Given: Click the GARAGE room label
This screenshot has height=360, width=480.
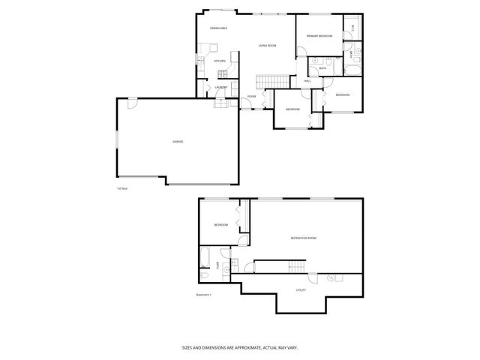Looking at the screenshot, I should coord(178,142).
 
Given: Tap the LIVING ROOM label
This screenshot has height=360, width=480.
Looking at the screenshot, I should coord(267,46).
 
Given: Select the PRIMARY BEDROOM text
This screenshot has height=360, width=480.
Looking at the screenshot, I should coord(319,36).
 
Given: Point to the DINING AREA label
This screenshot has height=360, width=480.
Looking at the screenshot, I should coord(218,28).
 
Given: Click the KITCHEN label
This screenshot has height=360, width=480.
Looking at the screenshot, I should coord(220,61).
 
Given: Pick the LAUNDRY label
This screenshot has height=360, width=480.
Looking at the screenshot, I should coord(220,88).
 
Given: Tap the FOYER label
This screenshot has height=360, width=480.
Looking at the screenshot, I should coord(252,96).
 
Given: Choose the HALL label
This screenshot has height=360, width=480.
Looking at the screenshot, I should coord(307,80).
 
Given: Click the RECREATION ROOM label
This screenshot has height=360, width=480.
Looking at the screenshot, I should coord(303,238).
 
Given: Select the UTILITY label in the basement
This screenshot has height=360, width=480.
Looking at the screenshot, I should coord(301,289).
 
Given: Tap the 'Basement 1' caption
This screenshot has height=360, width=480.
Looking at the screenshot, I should coord(204,294).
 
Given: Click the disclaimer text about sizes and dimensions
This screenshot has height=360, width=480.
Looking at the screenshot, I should coord(240,347).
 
